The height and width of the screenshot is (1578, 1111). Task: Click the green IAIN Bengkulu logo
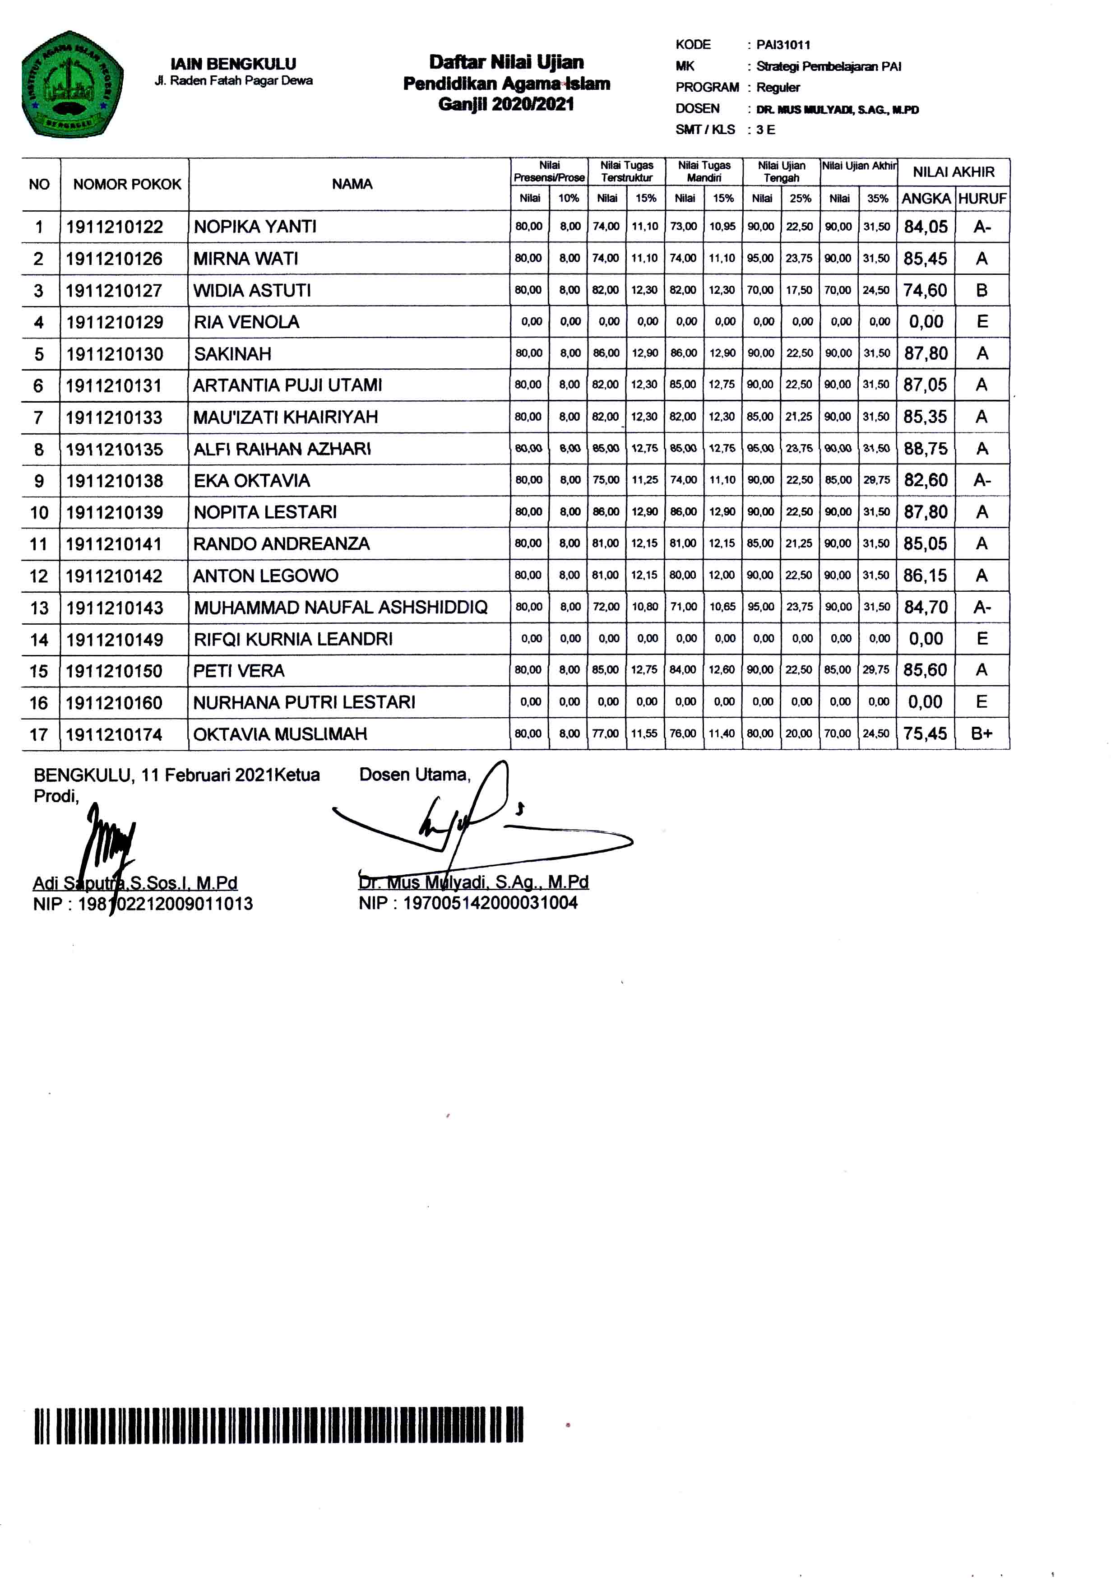pyautogui.click(x=72, y=84)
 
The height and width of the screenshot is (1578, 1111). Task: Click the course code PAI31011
pyautogui.click(x=783, y=45)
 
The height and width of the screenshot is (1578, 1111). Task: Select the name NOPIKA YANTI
pyautogui.click(x=255, y=227)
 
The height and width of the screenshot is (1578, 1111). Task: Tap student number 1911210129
pyautogui.click(x=115, y=322)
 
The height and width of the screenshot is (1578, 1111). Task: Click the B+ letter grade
pyautogui.click(x=982, y=734)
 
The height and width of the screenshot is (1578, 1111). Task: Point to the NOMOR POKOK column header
pyautogui.click(x=127, y=184)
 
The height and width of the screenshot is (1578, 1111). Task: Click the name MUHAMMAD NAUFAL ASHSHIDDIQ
pyautogui.click(x=341, y=608)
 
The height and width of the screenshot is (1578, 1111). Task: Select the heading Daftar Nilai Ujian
pyautogui.click(x=506, y=63)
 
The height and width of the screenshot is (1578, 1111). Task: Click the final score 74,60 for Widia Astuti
pyautogui.click(x=925, y=291)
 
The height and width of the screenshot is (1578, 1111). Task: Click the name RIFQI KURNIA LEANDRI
pyautogui.click(x=293, y=639)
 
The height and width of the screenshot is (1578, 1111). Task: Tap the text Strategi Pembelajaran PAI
pyautogui.click(x=829, y=67)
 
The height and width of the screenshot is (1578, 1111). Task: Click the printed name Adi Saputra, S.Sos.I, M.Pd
pyautogui.click(x=135, y=883)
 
